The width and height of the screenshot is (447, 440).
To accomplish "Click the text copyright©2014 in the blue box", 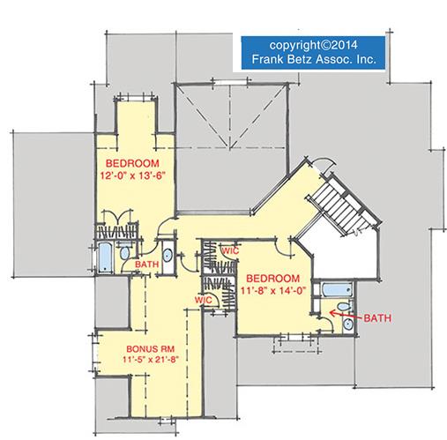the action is click(x=313, y=46).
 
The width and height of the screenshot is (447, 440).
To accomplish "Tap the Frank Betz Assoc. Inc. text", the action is click(x=314, y=59).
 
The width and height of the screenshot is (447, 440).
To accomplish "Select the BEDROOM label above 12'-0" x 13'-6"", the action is click(x=132, y=163).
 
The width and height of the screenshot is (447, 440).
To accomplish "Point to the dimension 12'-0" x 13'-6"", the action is click(x=133, y=175).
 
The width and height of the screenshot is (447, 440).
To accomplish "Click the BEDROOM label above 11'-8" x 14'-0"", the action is click(x=272, y=279).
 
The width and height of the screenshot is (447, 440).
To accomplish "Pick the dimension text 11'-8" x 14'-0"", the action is click(x=273, y=291).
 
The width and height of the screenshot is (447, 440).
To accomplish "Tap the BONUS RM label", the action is click(x=151, y=349).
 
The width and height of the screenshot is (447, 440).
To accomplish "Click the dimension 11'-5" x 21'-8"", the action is click(x=151, y=359).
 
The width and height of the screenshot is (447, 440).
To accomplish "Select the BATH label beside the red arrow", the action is click(x=377, y=318).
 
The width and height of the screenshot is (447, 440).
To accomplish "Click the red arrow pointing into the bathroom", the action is click(x=346, y=315).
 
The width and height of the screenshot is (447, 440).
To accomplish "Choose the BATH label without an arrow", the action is click(x=146, y=265).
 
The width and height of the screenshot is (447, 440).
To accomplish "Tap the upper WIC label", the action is click(x=230, y=251).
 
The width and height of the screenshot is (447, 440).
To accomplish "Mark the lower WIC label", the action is click(x=203, y=300).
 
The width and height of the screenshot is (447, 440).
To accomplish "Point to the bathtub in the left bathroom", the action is click(x=105, y=257).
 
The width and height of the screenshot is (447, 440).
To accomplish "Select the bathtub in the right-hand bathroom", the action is click(x=337, y=290).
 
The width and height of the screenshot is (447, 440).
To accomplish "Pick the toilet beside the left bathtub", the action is click(x=125, y=252).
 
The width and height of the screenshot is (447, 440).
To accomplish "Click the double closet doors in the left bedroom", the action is click(x=117, y=216).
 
